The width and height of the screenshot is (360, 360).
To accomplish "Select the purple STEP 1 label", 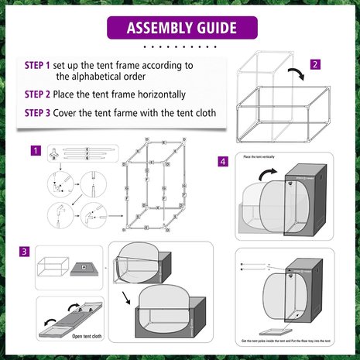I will pos(37,66).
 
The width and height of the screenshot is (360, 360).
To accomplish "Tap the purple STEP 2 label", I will pos(37,94).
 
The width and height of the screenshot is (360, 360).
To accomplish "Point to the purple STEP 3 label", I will pos(37,113).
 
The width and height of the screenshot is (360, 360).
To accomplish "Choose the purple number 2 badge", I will pos(315,64).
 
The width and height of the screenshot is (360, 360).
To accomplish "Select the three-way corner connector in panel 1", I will pos(55,153).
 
